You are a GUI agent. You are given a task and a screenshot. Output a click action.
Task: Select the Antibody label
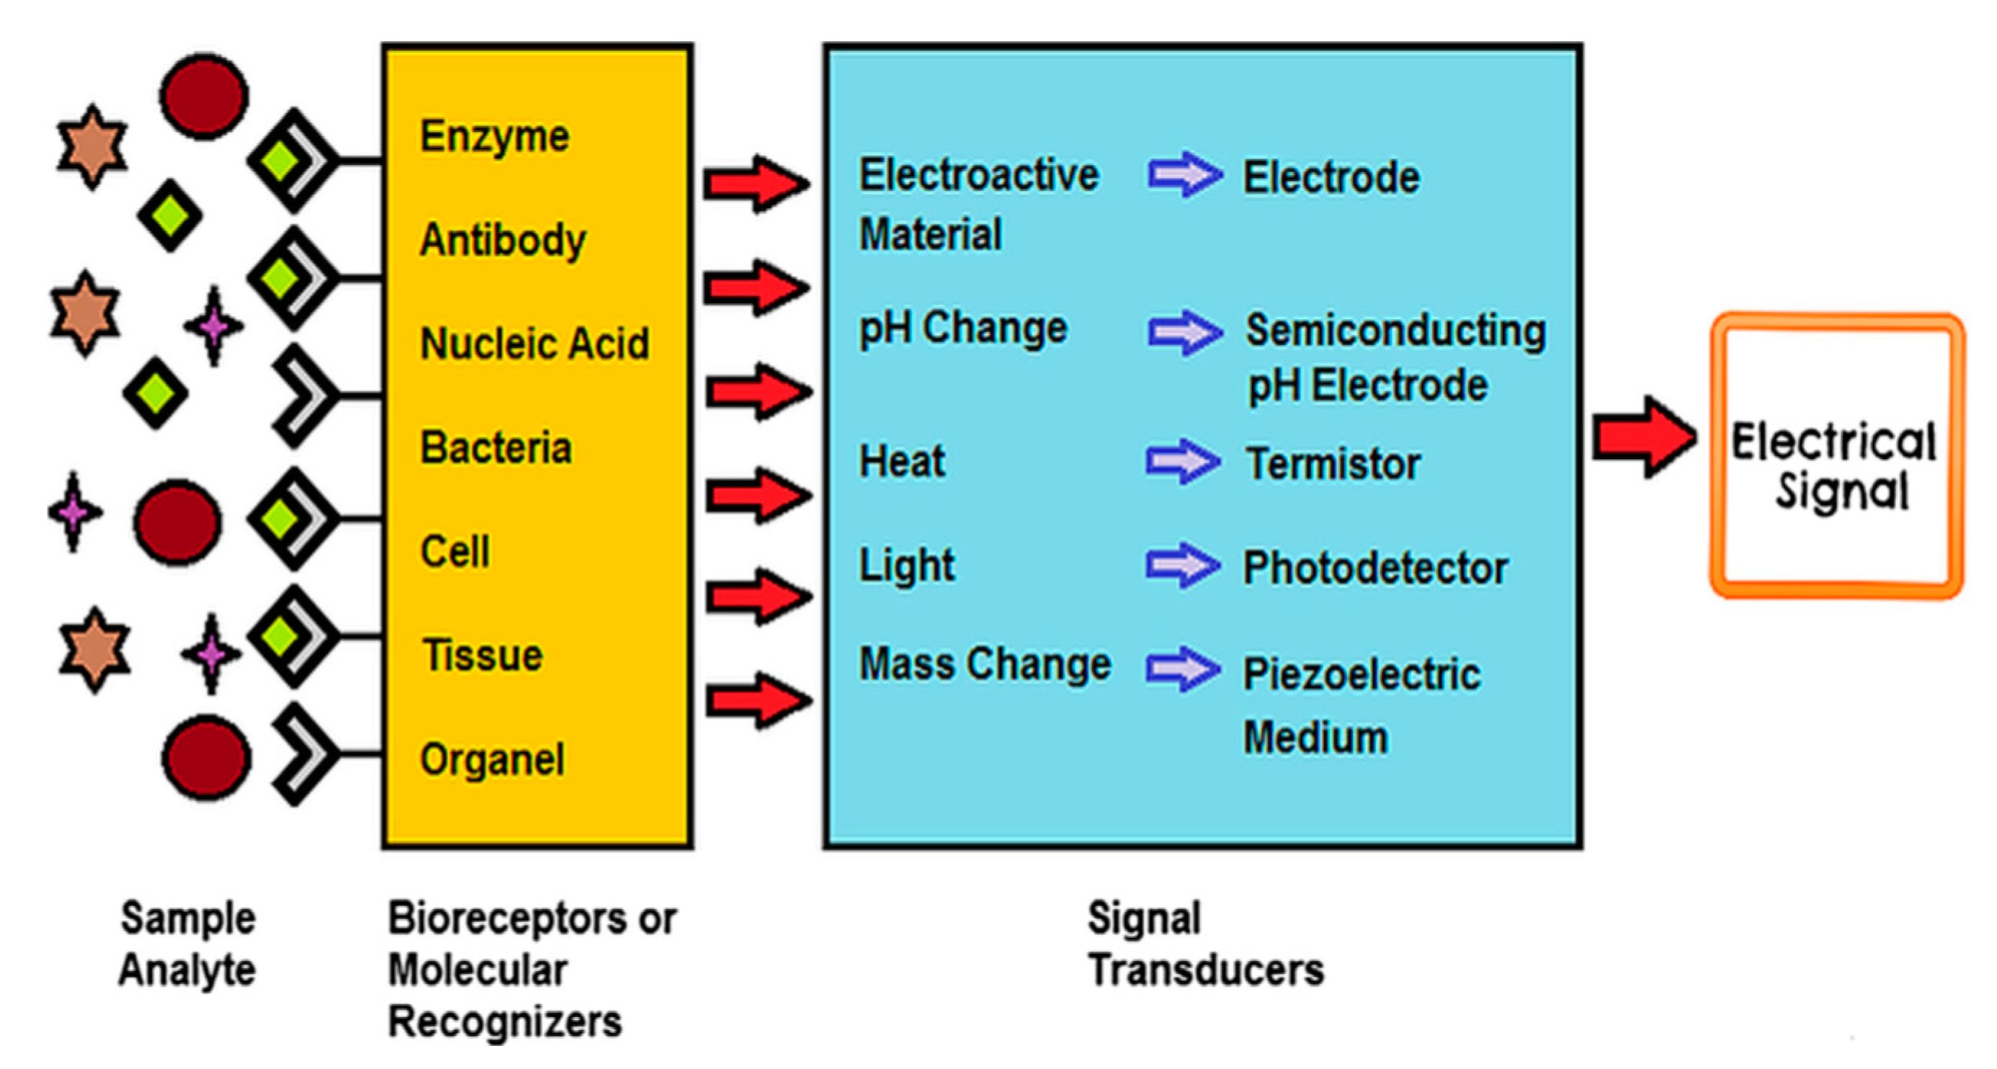pos(502,240)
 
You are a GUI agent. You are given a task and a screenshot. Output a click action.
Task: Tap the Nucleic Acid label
pos(534,344)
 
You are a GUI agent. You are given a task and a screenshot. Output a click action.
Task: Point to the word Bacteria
pos(496,447)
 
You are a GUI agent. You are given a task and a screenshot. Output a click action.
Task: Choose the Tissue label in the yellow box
pos(482,655)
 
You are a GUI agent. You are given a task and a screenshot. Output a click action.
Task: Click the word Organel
pos(491,759)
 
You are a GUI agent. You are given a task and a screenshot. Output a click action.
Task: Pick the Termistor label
pos(1333,464)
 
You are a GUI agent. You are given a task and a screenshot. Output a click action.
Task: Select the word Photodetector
pos(1375,568)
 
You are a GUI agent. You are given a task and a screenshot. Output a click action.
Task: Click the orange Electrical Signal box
pos(1836,456)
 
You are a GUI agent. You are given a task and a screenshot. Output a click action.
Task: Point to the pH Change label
pos(962,328)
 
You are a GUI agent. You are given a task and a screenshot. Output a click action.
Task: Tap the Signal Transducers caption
pos(1205,944)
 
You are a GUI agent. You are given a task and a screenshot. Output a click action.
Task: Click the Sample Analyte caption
pos(187,944)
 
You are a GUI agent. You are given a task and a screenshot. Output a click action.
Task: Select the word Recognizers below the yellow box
pos(505,1021)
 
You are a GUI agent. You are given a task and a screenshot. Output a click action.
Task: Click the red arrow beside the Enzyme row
pos(756,184)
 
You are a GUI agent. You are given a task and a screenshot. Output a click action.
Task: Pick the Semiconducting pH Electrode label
pos(1395,357)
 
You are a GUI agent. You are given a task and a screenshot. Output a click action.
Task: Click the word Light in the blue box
pos(906,565)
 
